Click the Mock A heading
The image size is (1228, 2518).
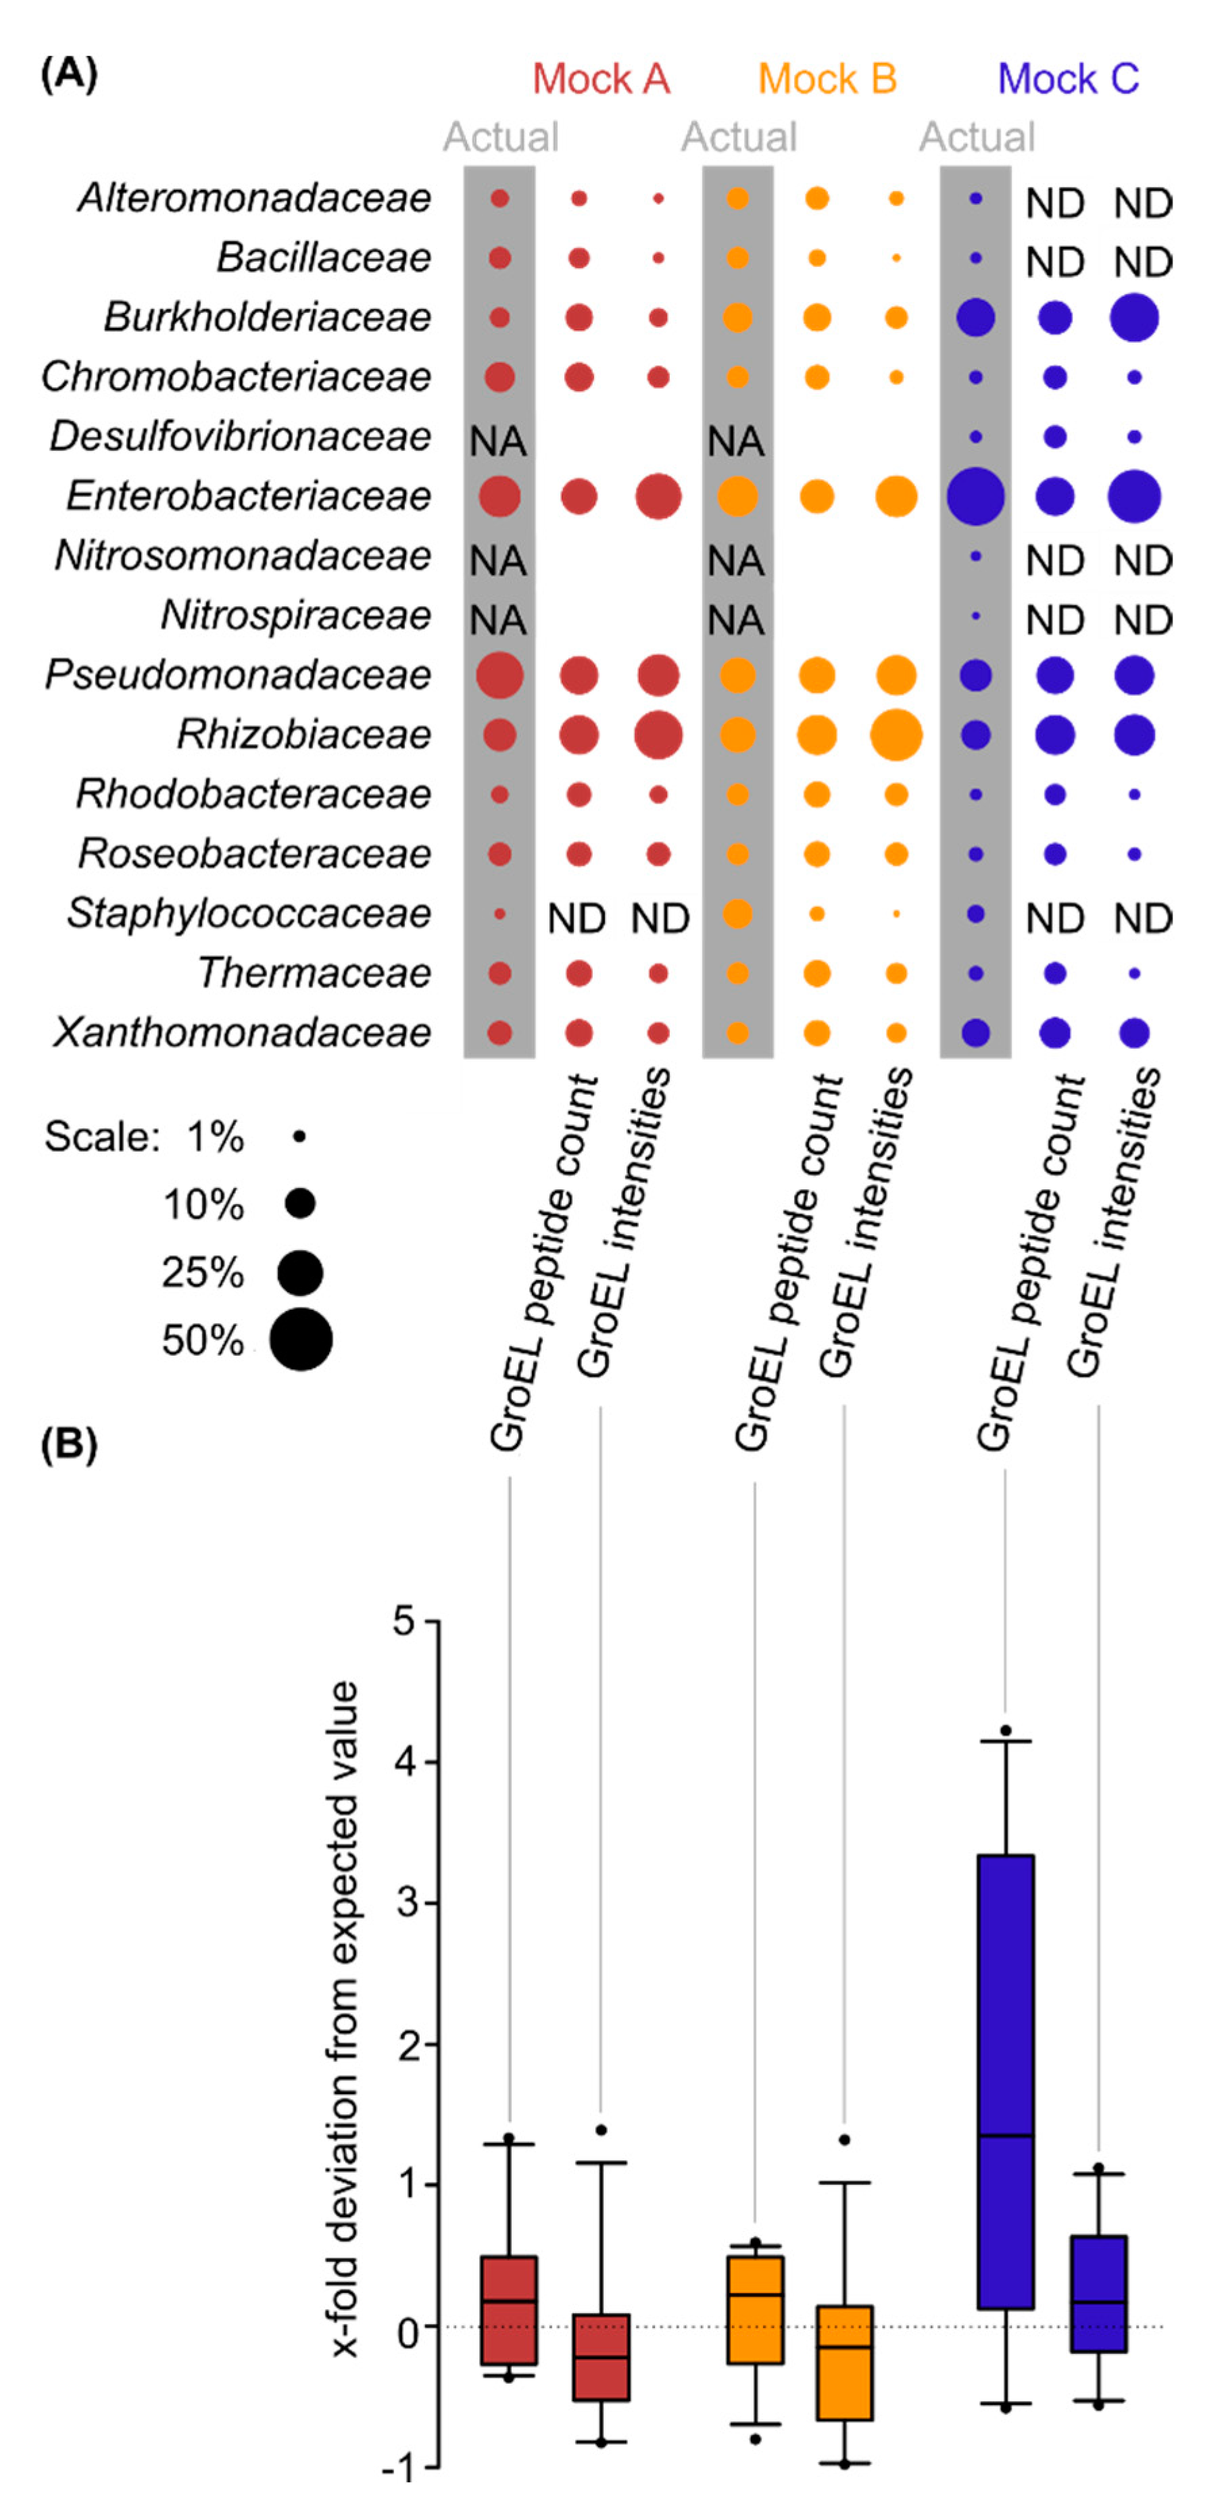(x=600, y=79)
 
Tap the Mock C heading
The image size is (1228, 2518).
(x=1068, y=79)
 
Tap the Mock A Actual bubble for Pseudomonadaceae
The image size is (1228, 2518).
(x=499, y=675)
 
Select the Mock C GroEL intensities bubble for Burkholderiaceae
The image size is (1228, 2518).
(x=1134, y=318)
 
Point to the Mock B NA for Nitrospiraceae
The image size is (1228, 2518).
(x=736, y=620)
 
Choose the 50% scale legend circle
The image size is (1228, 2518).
(x=301, y=1339)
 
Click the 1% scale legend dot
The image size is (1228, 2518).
(x=299, y=1137)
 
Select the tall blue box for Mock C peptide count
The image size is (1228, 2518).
(x=1005, y=2082)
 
